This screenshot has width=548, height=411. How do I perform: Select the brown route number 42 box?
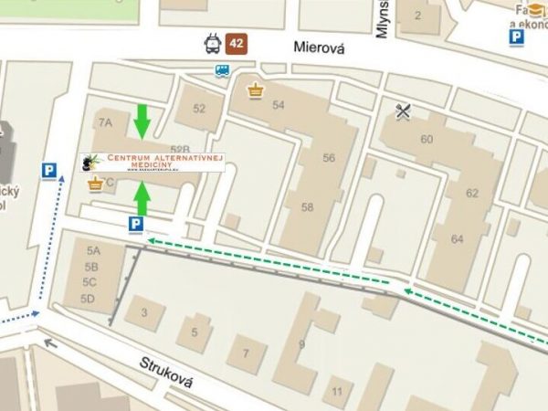[x=237, y=43]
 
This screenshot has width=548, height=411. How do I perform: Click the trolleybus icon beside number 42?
[x=212, y=43]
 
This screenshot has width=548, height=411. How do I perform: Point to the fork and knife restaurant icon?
[x=404, y=111]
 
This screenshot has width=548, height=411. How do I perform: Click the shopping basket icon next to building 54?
[x=255, y=90]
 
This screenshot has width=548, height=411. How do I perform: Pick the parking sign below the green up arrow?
[x=135, y=224]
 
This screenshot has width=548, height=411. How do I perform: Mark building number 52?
[x=199, y=108]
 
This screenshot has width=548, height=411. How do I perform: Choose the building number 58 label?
[x=307, y=207]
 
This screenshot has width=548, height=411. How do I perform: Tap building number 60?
[x=427, y=139]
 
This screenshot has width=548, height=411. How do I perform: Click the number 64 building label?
[x=457, y=238]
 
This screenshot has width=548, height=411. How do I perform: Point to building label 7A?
[x=105, y=121]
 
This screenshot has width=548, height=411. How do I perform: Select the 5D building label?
[x=89, y=299]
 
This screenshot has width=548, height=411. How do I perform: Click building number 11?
[x=337, y=392]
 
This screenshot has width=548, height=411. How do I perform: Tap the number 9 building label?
[x=301, y=344]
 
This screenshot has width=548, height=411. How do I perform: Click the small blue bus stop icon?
[x=222, y=71]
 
